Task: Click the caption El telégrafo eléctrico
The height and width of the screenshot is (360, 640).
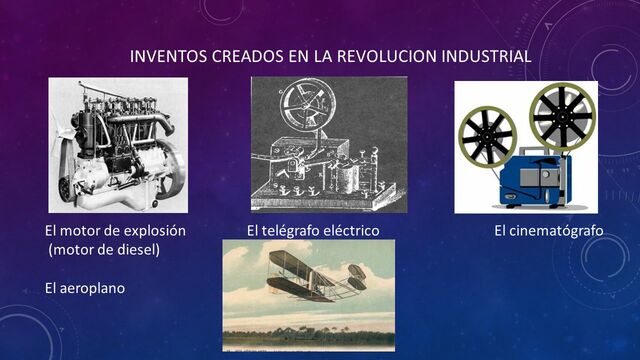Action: [x=313, y=231]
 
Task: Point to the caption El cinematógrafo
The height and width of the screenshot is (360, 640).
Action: [x=549, y=231]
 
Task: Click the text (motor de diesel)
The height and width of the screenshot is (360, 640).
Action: [x=104, y=250]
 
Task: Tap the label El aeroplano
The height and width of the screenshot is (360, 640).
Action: [x=86, y=288]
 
